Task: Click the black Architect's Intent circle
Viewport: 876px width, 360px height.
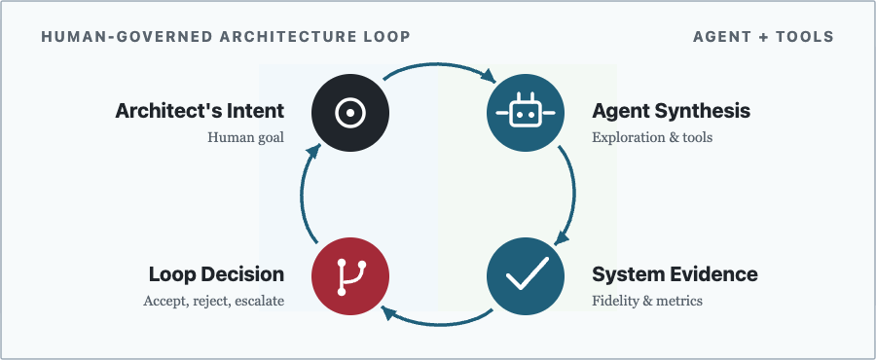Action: [350, 112]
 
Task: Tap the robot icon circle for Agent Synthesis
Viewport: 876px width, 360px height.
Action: [526, 112]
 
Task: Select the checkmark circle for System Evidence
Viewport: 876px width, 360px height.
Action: [526, 276]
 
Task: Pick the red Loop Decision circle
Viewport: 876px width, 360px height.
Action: [350, 276]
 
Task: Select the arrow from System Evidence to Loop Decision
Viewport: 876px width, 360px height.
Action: [438, 323]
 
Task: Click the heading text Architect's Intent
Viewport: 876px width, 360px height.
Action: [200, 111]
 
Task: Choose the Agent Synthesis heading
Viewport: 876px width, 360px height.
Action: [671, 111]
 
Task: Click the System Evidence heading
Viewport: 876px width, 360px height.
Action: [675, 274]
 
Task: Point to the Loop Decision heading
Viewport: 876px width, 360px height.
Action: [216, 274]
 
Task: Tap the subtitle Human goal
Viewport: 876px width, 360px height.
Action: [246, 137]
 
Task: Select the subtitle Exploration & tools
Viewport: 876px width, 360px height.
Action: [652, 137]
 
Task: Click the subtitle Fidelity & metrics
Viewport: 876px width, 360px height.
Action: [647, 301]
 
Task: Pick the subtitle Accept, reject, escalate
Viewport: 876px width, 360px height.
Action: [213, 302]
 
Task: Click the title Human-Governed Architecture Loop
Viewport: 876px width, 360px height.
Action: [226, 37]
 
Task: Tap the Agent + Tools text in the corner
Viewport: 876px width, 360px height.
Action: [763, 37]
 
